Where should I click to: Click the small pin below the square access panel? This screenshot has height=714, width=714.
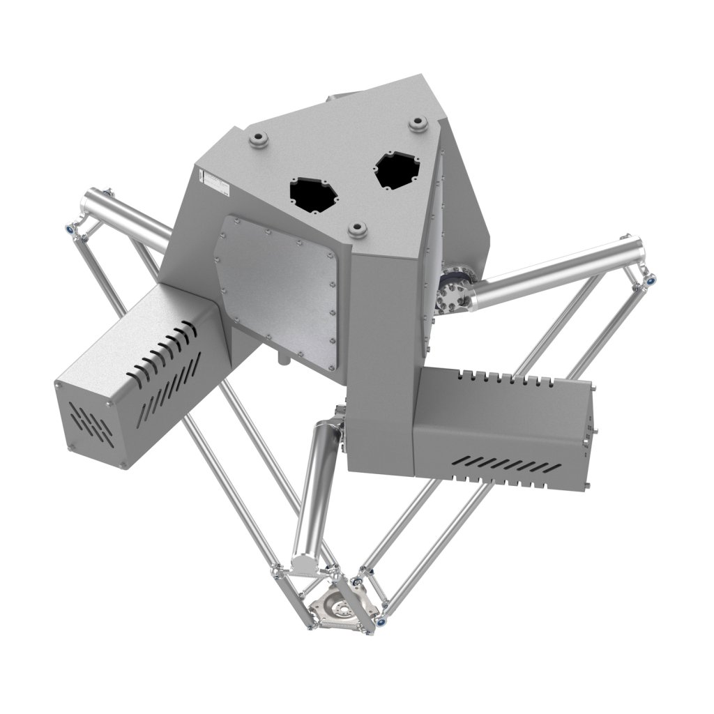pyautogui.click(x=282, y=359)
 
